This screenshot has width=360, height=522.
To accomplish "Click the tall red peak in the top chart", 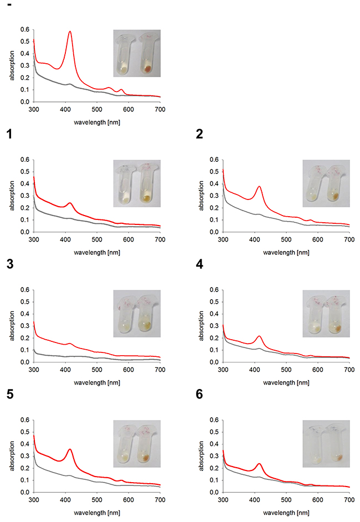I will (x=70, y=32).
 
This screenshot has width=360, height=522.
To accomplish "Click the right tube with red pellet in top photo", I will (x=147, y=55).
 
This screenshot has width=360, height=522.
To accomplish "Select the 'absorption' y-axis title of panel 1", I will (x=12, y=196).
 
